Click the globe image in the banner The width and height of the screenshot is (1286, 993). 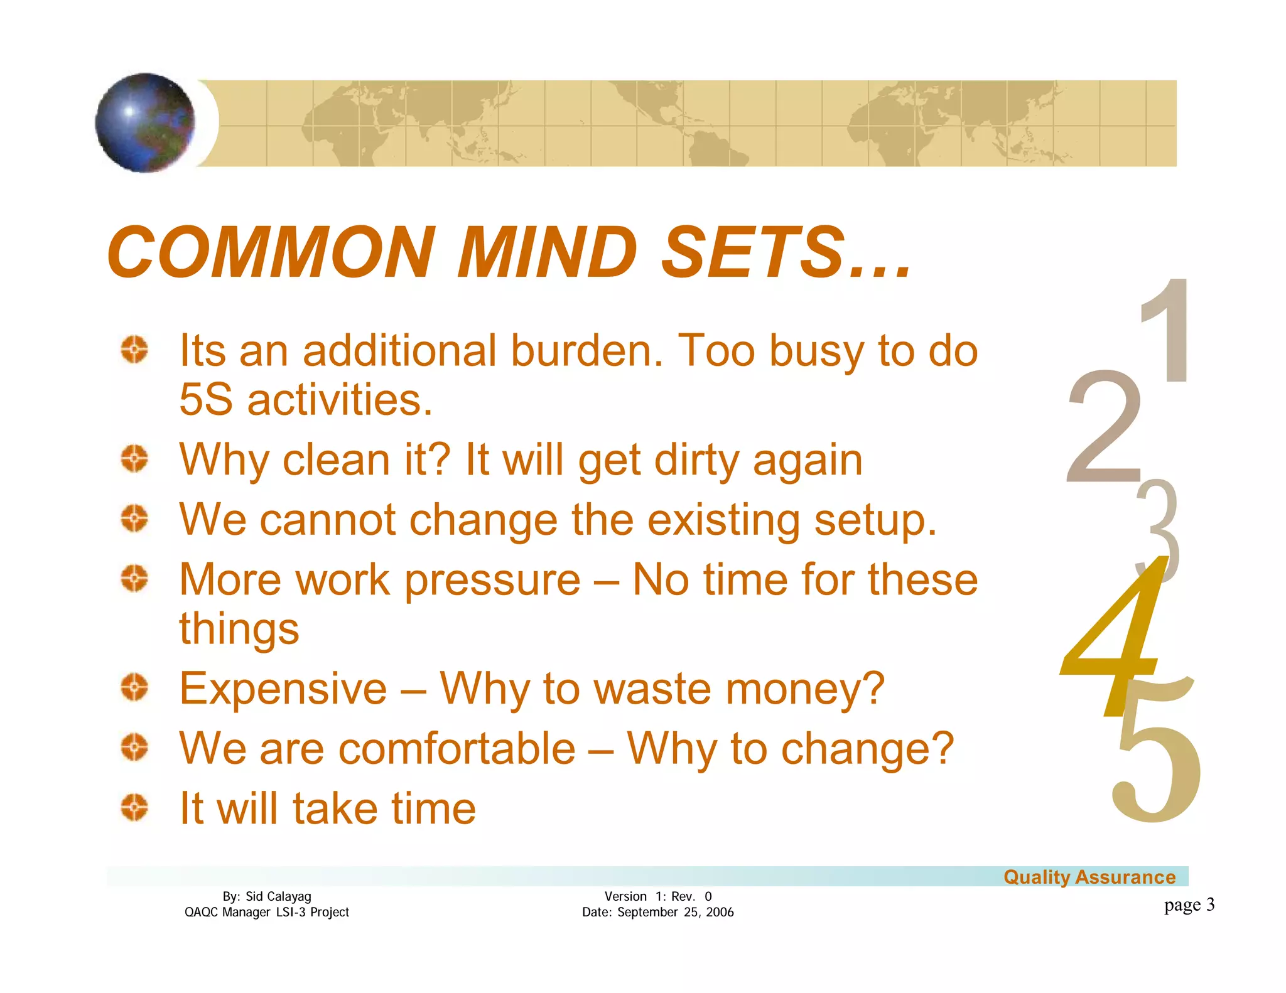point(145,122)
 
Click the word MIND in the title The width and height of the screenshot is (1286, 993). point(547,252)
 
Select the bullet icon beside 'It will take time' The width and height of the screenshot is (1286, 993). point(134,807)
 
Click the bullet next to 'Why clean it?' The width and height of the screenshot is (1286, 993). point(134,459)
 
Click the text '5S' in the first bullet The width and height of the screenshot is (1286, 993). point(205,400)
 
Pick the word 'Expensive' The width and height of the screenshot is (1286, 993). point(283,689)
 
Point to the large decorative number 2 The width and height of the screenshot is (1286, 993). point(1103,427)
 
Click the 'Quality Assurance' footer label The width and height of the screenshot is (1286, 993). point(1089,877)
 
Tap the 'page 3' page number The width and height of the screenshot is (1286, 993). point(1189,904)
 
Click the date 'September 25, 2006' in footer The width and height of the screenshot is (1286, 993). point(675,912)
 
